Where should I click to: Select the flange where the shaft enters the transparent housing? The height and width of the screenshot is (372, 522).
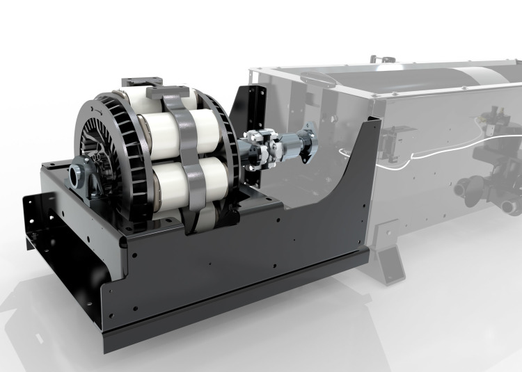coord(310,145)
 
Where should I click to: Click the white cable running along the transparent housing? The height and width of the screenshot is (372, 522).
coord(418,157)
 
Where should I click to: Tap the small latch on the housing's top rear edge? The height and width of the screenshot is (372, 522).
coord(375,56)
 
